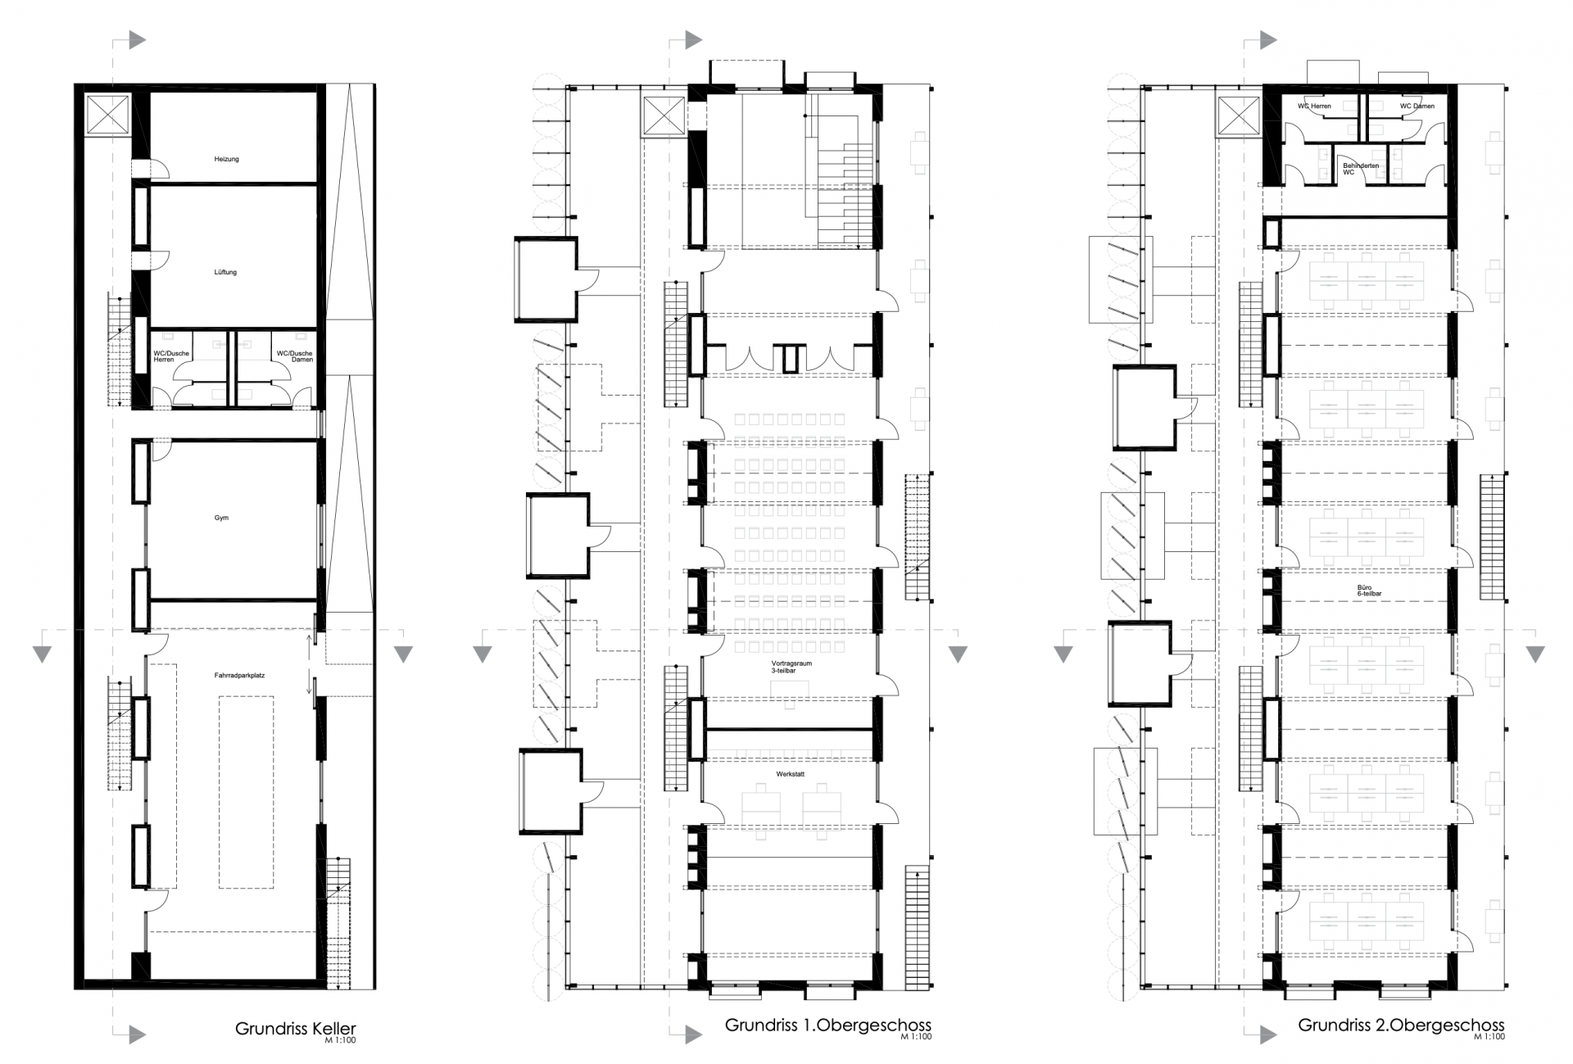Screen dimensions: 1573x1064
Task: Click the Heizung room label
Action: point(226,159)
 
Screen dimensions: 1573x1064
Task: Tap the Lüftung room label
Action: point(225,272)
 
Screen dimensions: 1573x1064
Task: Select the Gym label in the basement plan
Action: point(221,518)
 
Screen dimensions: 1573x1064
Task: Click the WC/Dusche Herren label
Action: point(171,356)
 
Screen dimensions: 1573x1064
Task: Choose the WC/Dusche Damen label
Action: point(294,356)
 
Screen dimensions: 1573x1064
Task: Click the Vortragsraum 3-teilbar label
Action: point(791,667)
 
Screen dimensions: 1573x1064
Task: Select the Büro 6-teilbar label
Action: point(1363,591)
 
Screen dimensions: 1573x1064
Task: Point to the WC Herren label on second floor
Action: point(1314,106)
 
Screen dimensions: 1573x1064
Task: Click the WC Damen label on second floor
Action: point(1417,106)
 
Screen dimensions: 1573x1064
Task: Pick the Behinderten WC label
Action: point(1360,169)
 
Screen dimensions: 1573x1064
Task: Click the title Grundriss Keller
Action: point(296,1029)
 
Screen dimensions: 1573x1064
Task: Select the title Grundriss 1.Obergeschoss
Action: point(828,1025)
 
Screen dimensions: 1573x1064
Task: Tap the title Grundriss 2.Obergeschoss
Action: point(1401,1025)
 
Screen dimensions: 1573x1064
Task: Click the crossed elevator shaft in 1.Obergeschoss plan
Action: point(664,116)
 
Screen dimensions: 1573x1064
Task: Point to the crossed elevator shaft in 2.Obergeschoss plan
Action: point(1237,116)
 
